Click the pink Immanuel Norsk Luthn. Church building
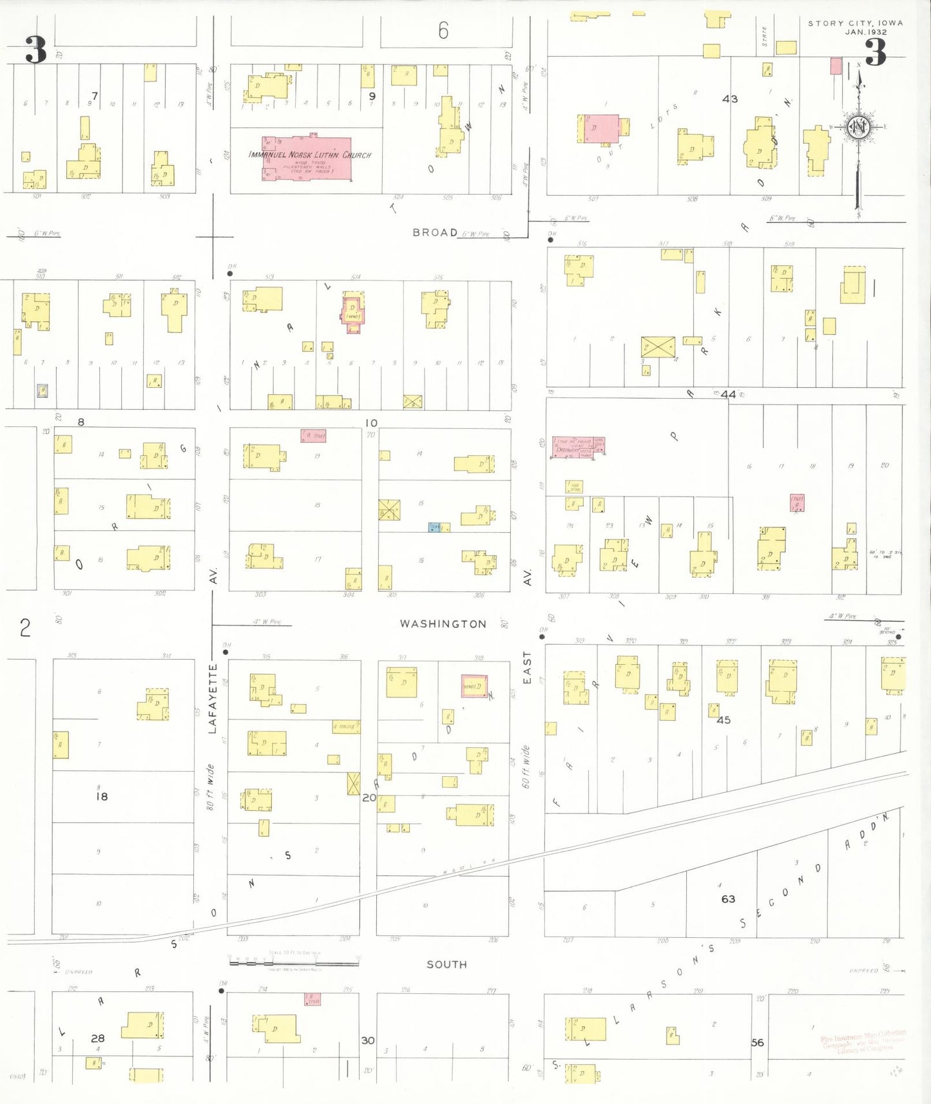tap(307, 158)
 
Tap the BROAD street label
tap(435, 233)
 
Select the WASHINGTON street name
tap(443, 623)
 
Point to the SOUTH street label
tap(446, 964)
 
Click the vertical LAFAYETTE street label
tap(213, 699)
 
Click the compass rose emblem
tap(858, 128)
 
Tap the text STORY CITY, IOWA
tap(855, 23)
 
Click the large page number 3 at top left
tap(36, 50)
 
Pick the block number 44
tap(728, 394)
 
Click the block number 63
tap(728, 899)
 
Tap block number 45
tap(724, 720)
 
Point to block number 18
tap(102, 797)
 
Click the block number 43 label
tap(730, 99)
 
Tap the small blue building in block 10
tap(434, 527)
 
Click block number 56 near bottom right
tap(757, 1042)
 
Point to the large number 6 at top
tap(443, 30)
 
